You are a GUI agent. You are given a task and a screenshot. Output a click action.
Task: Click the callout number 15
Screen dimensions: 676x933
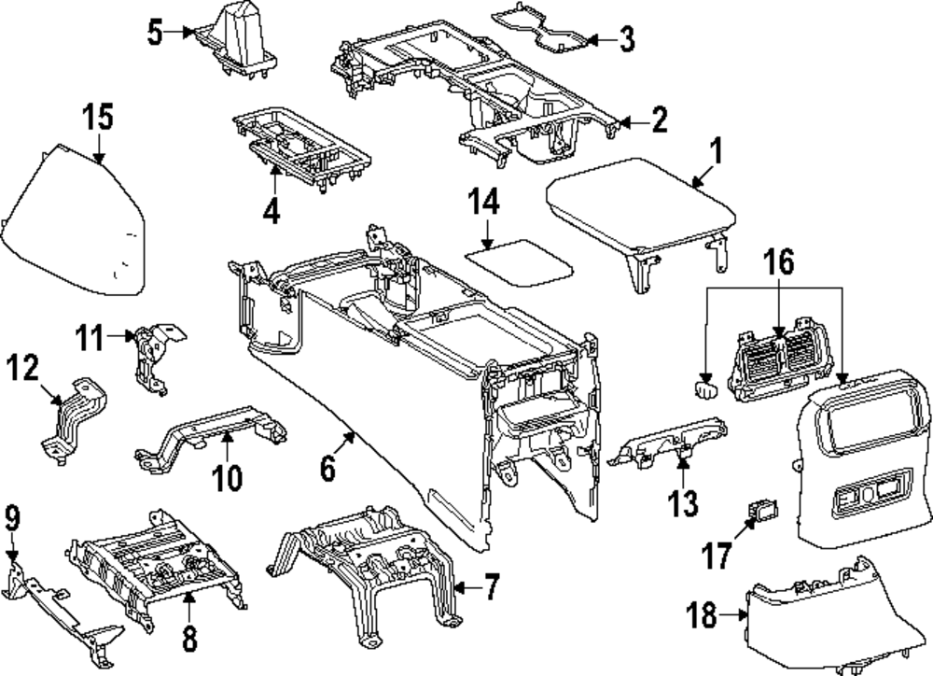[97, 119]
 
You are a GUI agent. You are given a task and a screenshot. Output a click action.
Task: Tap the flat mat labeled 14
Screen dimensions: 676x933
[520, 261]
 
